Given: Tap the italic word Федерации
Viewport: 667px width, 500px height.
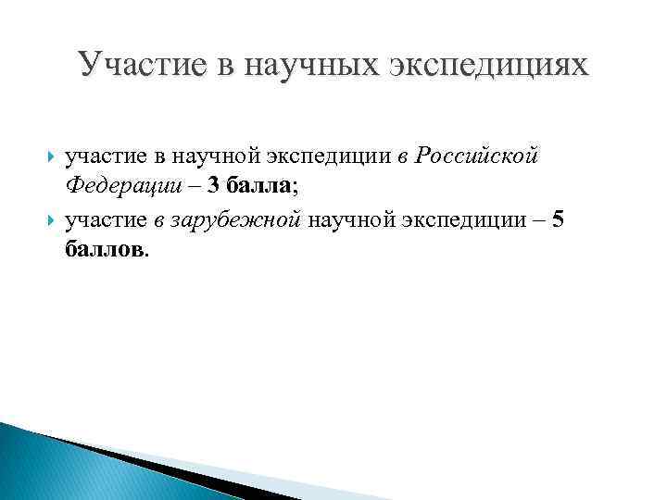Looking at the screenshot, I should [x=118, y=186].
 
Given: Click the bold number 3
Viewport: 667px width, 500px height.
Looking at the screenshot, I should [x=214, y=186].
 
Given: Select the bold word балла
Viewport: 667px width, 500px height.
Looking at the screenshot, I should [x=259, y=186].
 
